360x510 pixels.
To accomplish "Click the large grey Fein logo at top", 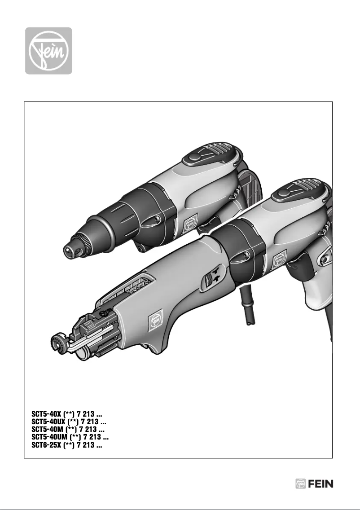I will (48, 51).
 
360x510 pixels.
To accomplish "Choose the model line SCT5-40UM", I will (69, 437).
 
